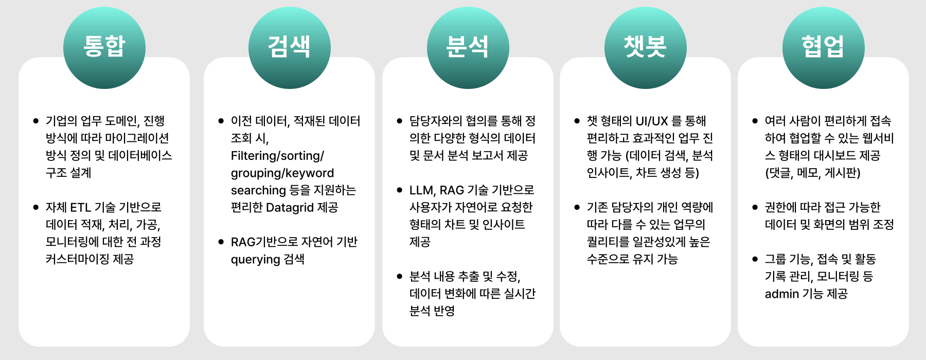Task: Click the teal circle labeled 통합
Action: click(x=104, y=48)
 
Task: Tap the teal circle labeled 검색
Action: click(x=290, y=48)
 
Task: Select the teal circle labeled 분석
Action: click(x=468, y=48)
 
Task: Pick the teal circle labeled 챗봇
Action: click(x=646, y=48)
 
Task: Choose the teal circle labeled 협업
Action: click(x=824, y=48)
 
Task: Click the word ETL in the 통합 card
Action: click(x=80, y=207)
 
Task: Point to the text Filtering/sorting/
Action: click(x=277, y=156)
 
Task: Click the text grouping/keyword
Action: click(x=282, y=173)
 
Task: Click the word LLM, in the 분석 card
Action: click(x=423, y=190)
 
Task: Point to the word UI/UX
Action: click(x=652, y=121)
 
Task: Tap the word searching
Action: click(x=258, y=191)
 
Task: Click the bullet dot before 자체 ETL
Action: click(x=36, y=207)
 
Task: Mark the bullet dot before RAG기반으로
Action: click(x=221, y=242)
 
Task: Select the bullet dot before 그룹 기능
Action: click(x=755, y=259)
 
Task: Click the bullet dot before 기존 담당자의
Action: click(x=577, y=207)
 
